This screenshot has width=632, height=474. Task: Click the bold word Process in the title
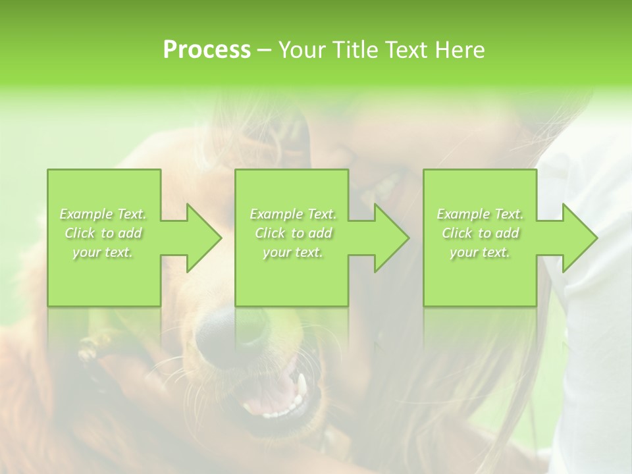click(x=207, y=50)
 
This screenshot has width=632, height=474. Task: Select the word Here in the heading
click(x=458, y=50)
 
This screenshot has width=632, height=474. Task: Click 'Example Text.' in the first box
click(x=103, y=214)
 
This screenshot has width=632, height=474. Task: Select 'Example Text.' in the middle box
click(x=293, y=214)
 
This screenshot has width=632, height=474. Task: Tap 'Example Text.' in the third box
click(x=480, y=214)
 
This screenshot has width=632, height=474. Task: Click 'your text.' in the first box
click(x=103, y=252)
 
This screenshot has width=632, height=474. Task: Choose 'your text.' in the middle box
click(x=293, y=252)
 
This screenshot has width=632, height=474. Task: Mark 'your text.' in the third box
click(x=480, y=252)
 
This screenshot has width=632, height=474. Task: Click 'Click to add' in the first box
click(x=103, y=233)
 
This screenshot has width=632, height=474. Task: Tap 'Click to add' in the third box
click(x=480, y=233)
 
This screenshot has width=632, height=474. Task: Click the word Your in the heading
click(x=302, y=50)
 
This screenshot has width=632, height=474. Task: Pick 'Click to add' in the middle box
click(x=293, y=233)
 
